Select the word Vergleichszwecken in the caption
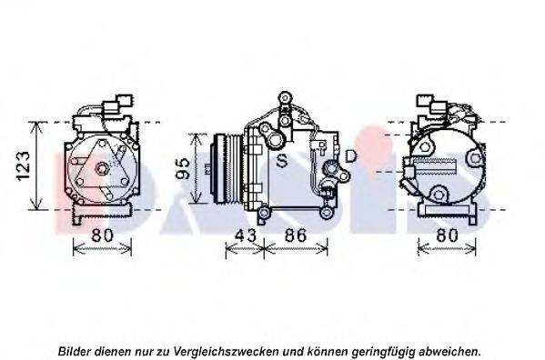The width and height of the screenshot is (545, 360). [x=237, y=350]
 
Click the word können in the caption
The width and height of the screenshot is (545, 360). [x=334, y=350]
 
